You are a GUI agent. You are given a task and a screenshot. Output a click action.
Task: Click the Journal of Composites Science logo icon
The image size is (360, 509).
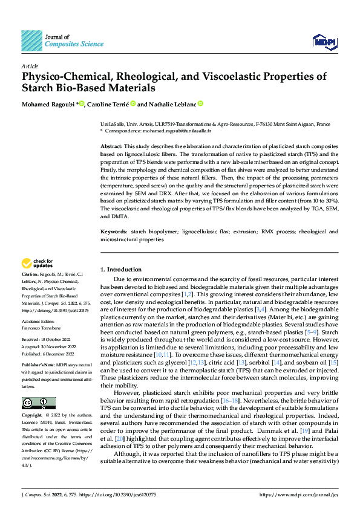pyautogui.click(x=32, y=40)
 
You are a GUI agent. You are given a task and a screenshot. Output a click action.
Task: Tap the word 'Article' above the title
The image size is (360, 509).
pyautogui.click(x=30, y=66)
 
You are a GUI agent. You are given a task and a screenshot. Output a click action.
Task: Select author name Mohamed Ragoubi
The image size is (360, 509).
pyautogui.click(x=48, y=104)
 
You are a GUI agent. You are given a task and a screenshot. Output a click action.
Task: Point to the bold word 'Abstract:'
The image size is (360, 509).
pyautogui.click(x=111, y=147)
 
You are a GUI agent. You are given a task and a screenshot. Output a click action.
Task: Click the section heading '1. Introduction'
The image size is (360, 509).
pyautogui.click(x=120, y=269)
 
